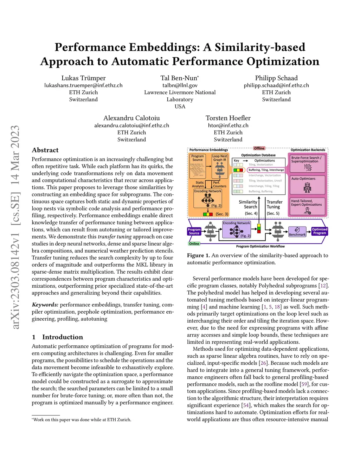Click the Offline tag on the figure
(x=259, y=148)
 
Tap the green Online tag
(x=194, y=244)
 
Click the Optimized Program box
(x=320, y=231)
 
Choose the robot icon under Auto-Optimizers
(x=307, y=187)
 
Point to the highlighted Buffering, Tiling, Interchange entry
(x=266, y=170)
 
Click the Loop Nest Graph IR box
(x=220, y=158)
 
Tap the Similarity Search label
(x=248, y=205)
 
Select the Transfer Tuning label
(x=274, y=205)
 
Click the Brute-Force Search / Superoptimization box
(x=307, y=164)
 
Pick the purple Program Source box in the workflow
(x=194, y=231)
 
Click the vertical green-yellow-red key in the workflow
(x=259, y=228)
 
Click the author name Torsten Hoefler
(x=228, y=118)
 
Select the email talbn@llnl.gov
(x=180, y=85)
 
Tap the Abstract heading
(x=45, y=150)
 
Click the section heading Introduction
(x=63, y=337)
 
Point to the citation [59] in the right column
(x=304, y=384)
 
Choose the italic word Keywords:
(x=45, y=305)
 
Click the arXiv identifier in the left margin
(x=15, y=227)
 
